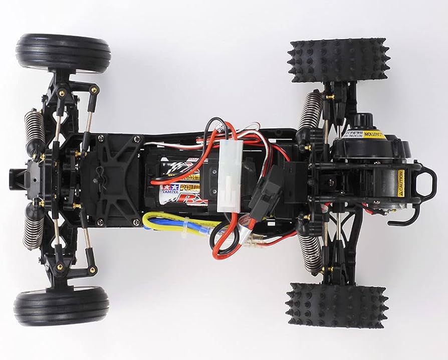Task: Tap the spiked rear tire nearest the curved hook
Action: (337, 305)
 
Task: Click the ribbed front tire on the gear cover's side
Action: (63, 54)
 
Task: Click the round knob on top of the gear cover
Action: (362, 120)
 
